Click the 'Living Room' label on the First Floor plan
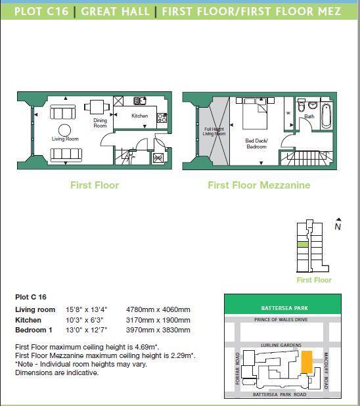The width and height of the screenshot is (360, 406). (65, 139)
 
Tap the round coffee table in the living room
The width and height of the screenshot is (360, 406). (65, 129)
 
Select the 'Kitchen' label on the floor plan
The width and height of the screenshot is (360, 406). (139, 116)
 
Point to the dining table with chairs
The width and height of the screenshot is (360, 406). (97, 106)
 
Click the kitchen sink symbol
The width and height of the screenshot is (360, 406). (140, 101)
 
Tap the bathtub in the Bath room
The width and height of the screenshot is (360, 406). (326, 113)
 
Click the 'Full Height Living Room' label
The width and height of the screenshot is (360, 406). (214, 131)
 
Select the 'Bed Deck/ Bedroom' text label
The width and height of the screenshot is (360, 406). (256, 143)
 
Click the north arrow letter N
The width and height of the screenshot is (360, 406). (338, 227)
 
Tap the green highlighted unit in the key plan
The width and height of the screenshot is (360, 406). (302, 244)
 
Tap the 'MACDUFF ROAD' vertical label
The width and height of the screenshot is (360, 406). (325, 371)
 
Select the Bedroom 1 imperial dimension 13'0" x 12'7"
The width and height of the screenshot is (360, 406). (86, 330)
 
